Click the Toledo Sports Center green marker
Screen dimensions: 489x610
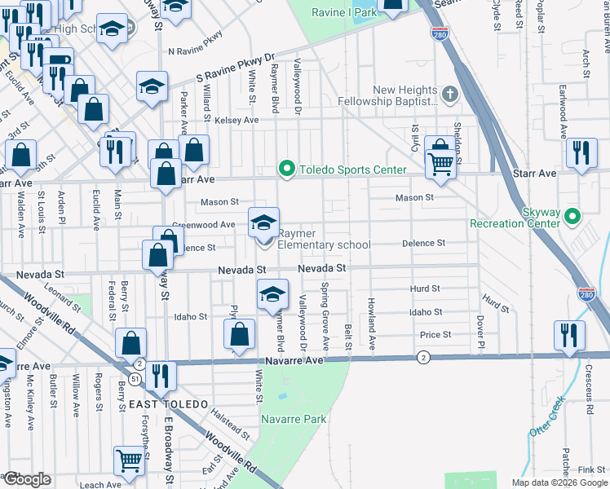pyautogui.click(x=286, y=170)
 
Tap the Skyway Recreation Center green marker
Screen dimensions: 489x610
pyautogui.click(x=572, y=216)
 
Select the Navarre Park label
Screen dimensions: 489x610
pyautogui.click(x=294, y=419)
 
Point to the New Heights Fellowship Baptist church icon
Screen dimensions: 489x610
pyautogui.click(x=449, y=95)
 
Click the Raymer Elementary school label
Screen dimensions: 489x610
pyautogui.click(x=324, y=240)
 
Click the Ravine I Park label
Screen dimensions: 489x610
pyautogui.click(x=344, y=12)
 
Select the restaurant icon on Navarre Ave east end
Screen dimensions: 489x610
pyautogui.click(x=569, y=335)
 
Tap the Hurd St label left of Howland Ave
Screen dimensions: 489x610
pyautogui.click(x=425, y=289)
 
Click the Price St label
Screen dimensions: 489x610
pyautogui.click(x=435, y=335)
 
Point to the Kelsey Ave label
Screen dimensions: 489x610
pyautogui.click(x=236, y=120)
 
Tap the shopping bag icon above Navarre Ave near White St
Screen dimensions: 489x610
pyautogui.click(x=238, y=334)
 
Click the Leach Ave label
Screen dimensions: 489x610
pyautogui.click(x=100, y=485)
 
